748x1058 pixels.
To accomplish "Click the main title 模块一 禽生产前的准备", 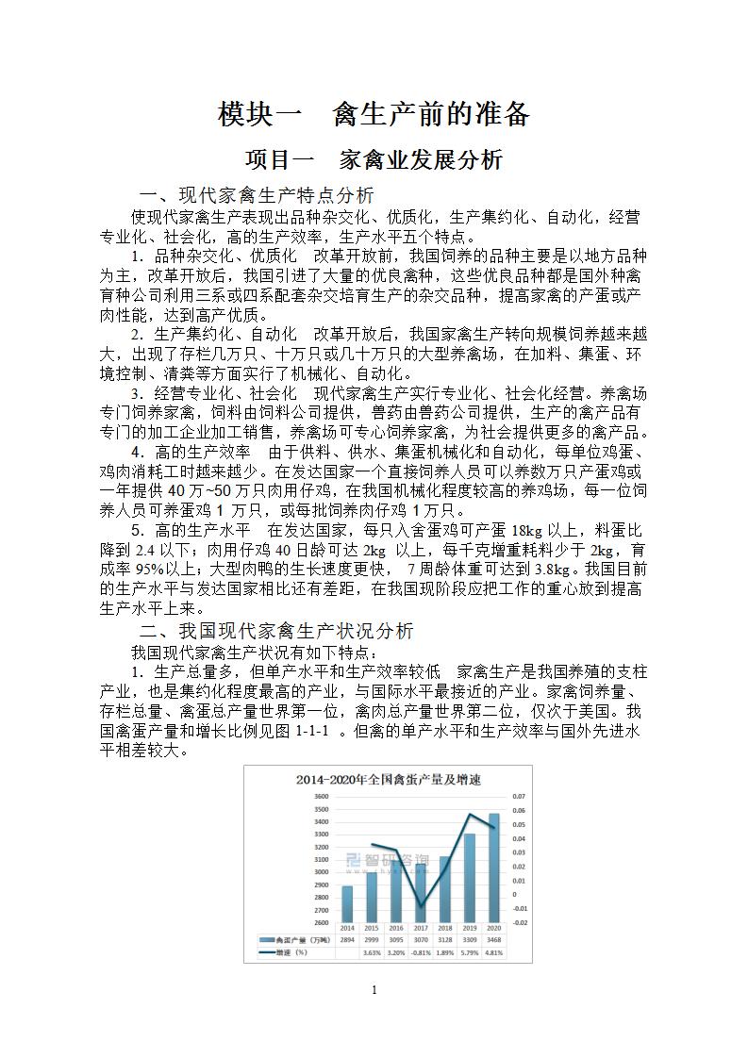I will (x=374, y=114).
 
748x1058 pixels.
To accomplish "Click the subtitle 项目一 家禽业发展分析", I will (x=374, y=159).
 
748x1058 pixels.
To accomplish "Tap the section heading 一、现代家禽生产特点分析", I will (x=257, y=195).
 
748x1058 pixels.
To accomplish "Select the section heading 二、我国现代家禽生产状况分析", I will (x=276, y=631).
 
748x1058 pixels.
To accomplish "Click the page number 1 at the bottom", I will (x=374, y=989).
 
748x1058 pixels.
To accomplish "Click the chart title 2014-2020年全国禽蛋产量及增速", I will (x=375, y=779).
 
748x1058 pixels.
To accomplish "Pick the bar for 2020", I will (x=493, y=868).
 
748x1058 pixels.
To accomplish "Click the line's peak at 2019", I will (x=470, y=814).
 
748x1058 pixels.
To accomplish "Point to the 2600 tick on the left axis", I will (x=321, y=922).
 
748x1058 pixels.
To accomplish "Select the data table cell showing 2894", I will (x=347, y=940).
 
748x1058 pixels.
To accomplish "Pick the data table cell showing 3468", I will (x=493, y=940).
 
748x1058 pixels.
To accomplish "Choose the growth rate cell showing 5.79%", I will (x=470, y=952).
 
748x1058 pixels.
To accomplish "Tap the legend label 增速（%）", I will (x=292, y=952).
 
